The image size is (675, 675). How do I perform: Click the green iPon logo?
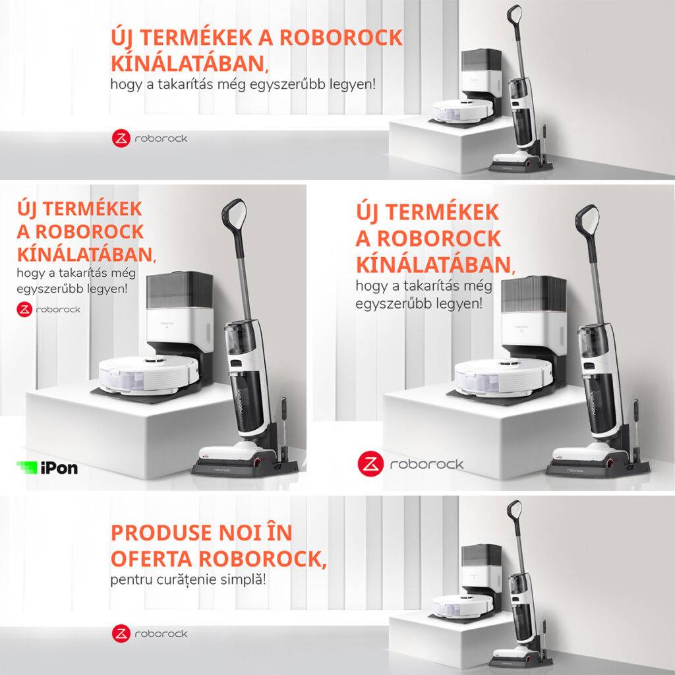click(x=47, y=467)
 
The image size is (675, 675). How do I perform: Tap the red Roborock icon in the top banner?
click(x=121, y=138)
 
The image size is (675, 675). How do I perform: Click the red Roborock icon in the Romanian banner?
click(x=121, y=633)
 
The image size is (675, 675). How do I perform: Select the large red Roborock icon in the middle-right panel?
click(x=370, y=464)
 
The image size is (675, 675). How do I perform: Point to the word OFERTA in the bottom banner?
click(x=152, y=559)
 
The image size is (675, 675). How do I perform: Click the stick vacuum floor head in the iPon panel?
click(x=238, y=454)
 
